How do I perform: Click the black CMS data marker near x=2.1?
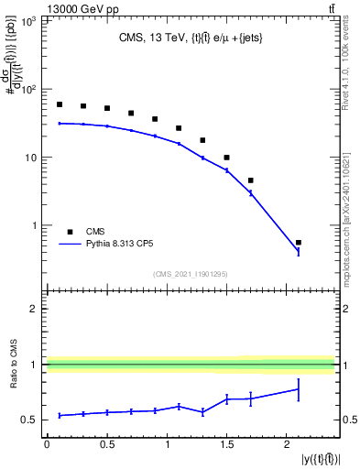299,243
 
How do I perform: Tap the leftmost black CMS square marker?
60,104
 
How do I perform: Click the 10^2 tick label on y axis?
27,90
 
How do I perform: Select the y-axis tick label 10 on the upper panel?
30,158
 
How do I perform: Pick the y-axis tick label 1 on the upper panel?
35,225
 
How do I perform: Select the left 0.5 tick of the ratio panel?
27,420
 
